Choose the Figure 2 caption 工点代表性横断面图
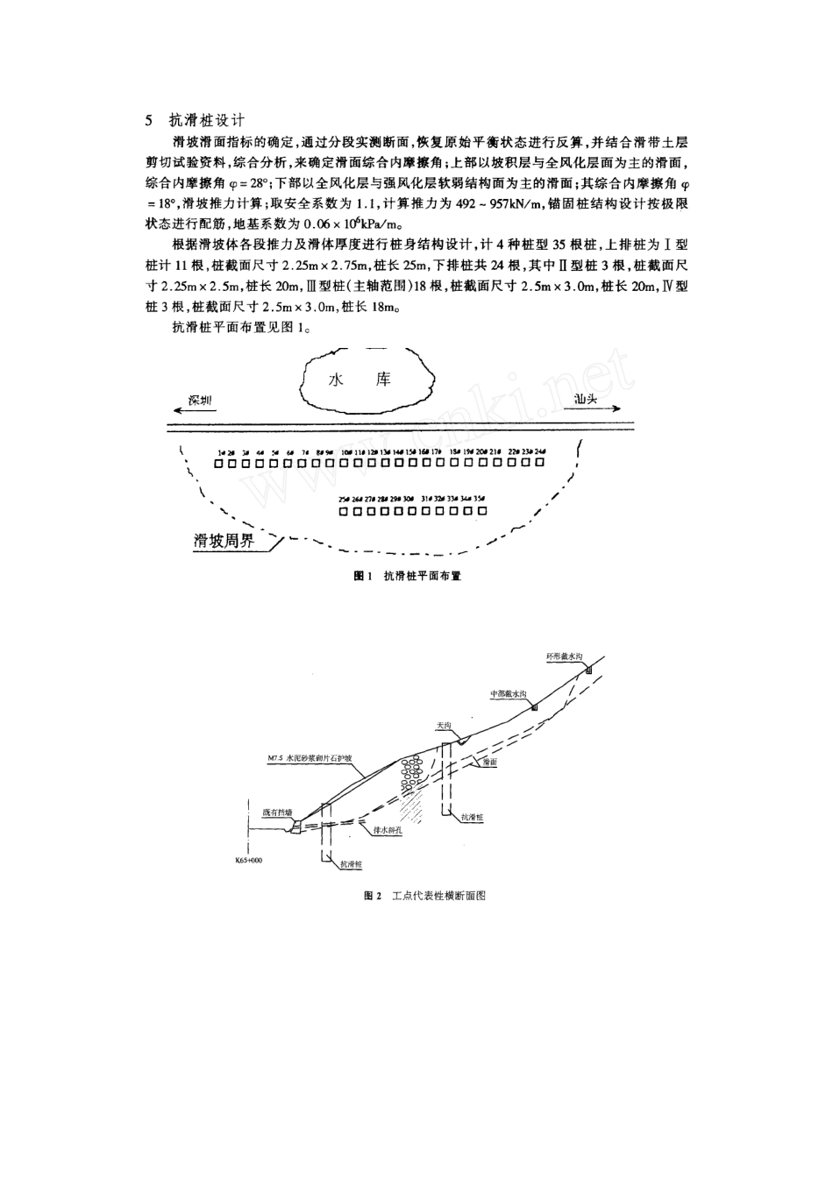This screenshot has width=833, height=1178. pyautogui.click(x=424, y=897)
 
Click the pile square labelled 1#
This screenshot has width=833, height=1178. pyautogui.click(x=220, y=461)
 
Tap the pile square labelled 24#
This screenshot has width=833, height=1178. pyautogui.click(x=540, y=461)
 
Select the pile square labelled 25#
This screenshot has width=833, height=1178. pyautogui.click(x=344, y=510)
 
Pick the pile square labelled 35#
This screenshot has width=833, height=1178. pyautogui.click(x=481, y=510)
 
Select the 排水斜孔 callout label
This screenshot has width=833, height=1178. pyautogui.click(x=387, y=829)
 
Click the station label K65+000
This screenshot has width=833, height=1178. pyautogui.click(x=249, y=860)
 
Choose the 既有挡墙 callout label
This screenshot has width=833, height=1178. pyautogui.click(x=275, y=812)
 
